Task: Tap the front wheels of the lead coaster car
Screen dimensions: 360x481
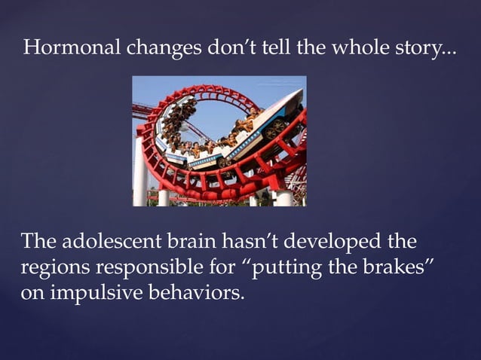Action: point(276,129)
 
